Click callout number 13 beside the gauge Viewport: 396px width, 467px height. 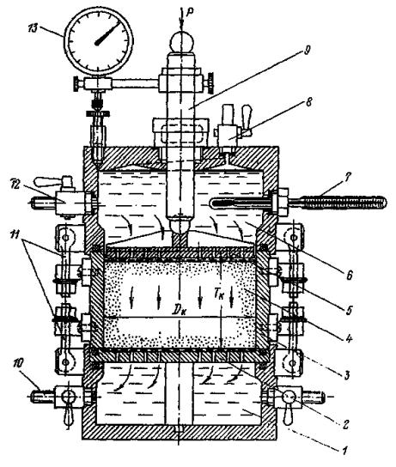point(34,29)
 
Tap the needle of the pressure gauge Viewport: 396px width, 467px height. point(107,33)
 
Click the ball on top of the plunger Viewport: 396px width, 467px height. point(182,42)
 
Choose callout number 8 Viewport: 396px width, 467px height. point(308,102)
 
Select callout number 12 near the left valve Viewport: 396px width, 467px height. point(15,185)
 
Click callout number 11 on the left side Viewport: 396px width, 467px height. point(15,234)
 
